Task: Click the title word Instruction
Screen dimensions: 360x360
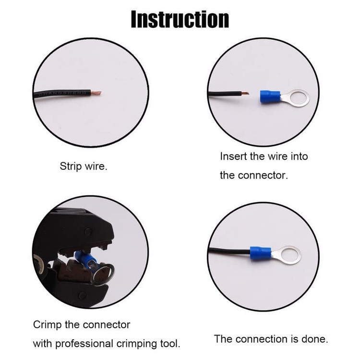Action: coord(180,20)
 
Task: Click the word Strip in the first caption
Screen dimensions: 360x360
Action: coord(71,167)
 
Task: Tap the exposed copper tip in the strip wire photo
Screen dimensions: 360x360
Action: coord(96,93)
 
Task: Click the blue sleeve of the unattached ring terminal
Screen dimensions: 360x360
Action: coord(270,97)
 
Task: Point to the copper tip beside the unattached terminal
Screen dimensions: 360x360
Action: coord(245,94)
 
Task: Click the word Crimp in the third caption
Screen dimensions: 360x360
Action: coord(48,325)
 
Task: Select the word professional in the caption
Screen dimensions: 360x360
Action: coord(84,344)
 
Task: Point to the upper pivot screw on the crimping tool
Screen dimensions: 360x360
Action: coord(88,232)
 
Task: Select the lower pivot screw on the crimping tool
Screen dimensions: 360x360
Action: coord(82,296)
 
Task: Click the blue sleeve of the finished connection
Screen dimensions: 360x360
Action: coord(260,253)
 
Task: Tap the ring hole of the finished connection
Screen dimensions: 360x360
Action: coord(288,255)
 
